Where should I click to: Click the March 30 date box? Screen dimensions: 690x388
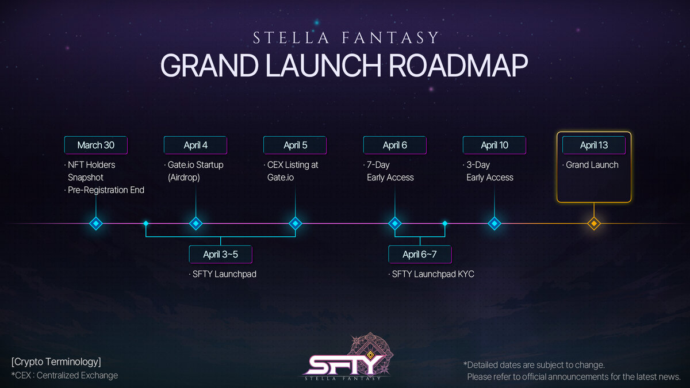click(x=96, y=145)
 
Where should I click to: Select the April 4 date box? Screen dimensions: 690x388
click(x=195, y=145)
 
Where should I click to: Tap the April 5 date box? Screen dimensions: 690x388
click(x=295, y=145)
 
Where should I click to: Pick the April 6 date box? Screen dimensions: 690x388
click(x=395, y=145)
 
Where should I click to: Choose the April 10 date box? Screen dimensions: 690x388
click(x=494, y=145)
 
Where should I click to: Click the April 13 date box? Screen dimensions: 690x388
click(x=594, y=145)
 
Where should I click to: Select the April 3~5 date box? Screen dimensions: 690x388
click(x=221, y=254)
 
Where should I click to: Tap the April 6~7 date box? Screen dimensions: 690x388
click(x=420, y=254)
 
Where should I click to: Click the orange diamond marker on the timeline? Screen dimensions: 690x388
click(x=594, y=224)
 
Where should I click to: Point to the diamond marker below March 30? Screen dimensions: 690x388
click(x=96, y=224)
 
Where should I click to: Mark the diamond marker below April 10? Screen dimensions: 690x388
click(x=494, y=224)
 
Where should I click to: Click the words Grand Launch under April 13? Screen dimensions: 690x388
click(x=592, y=165)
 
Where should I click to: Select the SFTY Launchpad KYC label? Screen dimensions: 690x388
click(x=433, y=274)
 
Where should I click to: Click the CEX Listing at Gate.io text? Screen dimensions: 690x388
click(x=293, y=171)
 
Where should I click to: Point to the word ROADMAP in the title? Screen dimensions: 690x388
click(x=458, y=66)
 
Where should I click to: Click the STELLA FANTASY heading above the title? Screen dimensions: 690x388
click(x=346, y=37)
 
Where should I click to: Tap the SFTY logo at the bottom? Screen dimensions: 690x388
click(x=346, y=357)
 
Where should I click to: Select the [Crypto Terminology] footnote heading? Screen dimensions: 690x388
click(x=56, y=362)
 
